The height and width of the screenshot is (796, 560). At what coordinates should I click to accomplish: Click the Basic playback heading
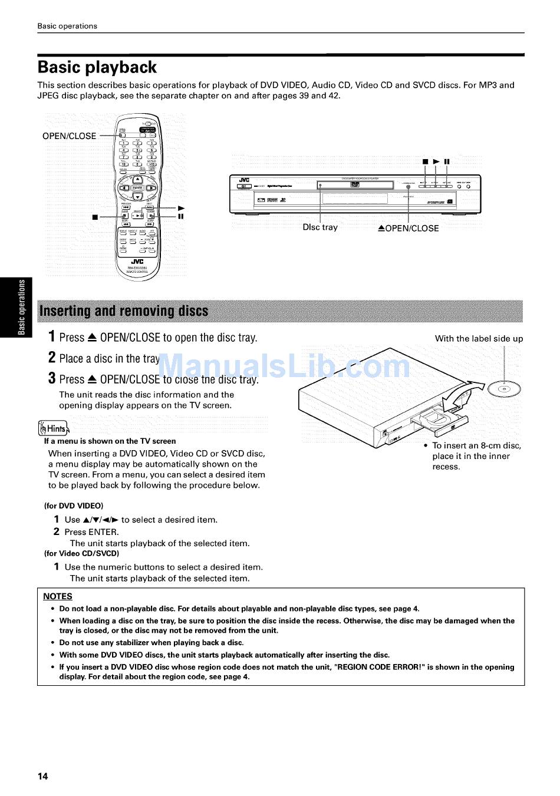(97, 68)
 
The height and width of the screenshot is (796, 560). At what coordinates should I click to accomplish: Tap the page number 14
(43, 776)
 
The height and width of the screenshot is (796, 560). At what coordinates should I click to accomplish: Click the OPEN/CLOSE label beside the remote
(69, 136)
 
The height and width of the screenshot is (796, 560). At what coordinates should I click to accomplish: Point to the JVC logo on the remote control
(137, 262)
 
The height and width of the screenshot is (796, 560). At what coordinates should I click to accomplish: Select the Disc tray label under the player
(320, 227)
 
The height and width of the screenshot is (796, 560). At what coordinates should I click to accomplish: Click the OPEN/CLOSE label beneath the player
(409, 229)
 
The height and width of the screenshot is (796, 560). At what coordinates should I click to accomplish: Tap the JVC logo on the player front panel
(244, 180)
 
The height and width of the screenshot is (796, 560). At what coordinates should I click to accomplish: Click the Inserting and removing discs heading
(123, 311)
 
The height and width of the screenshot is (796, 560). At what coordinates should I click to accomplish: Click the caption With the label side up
(479, 339)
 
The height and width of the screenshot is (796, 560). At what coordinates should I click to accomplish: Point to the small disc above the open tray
(505, 389)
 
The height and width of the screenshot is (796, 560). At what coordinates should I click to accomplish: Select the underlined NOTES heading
(58, 596)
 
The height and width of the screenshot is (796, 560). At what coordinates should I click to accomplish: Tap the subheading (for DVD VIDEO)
(74, 506)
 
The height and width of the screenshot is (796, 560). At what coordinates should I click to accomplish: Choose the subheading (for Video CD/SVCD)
(81, 553)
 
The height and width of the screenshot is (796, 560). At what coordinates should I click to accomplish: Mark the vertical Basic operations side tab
(22, 306)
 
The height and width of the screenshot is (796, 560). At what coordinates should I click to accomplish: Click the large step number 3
(52, 378)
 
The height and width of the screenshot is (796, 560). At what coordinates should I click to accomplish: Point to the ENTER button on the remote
(137, 188)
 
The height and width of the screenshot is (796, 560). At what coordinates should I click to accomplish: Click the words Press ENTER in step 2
(91, 531)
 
